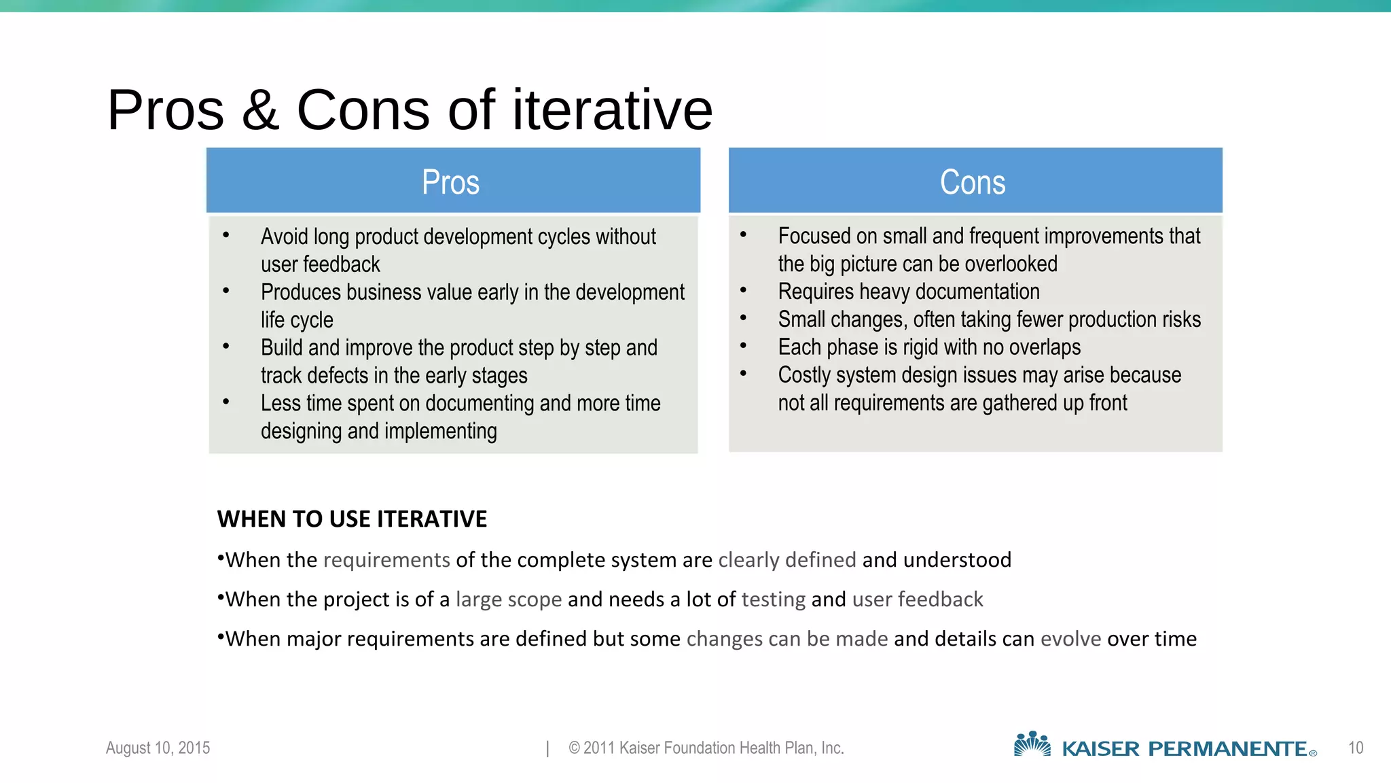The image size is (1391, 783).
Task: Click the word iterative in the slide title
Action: click(611, 110)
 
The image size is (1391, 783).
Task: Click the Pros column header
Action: click(451, 181)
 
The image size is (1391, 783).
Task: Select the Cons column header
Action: click(973, 181)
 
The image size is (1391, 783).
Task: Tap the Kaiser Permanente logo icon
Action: click(1032, 744)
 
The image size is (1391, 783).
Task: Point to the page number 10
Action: click(1355, 748)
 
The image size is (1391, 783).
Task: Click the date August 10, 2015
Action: click(158, 748)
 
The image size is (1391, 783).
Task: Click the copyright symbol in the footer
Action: click(574, 748)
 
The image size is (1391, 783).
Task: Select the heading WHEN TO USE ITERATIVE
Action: click(352, 519)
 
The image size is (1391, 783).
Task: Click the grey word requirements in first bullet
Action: click(386, 560)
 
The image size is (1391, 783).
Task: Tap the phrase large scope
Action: click(509, 599)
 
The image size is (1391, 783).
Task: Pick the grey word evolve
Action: click(1070, 639)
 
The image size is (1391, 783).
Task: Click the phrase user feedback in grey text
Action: click(918, 599)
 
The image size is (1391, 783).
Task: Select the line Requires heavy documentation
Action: click(909, 292)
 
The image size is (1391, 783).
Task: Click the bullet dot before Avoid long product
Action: click(226, 235)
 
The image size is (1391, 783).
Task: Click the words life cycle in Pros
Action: click(297, 320)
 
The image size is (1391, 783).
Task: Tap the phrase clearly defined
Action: click(787, 560)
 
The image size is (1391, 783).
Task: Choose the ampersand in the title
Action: click(260, 110)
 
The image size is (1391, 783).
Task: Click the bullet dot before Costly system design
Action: click(743, 373)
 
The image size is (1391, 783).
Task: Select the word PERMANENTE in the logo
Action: click(1227, 749)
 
